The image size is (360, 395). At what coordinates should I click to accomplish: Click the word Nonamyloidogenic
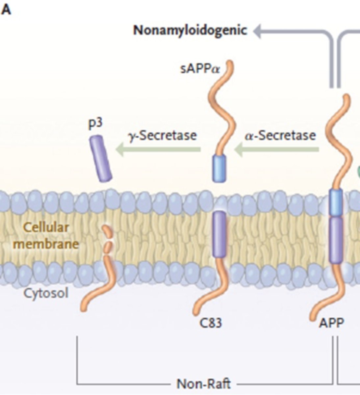point(190,30)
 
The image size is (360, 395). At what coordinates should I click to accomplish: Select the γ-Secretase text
point(163,135)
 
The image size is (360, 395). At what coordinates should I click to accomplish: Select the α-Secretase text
point(280,135)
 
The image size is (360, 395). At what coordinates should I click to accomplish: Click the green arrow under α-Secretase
point(276,150)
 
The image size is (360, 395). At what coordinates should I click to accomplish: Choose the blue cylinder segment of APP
point(336,202)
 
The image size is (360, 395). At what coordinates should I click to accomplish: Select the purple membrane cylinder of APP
point(336,239)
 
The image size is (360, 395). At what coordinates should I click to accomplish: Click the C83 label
point(211,323)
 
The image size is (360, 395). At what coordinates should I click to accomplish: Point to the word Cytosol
point(46,293)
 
